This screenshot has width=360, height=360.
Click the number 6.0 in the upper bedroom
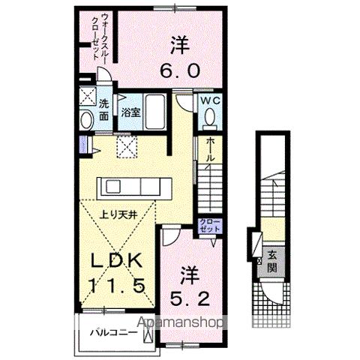coord(178,70)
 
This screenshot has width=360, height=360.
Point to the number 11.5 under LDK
coord(118,286)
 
